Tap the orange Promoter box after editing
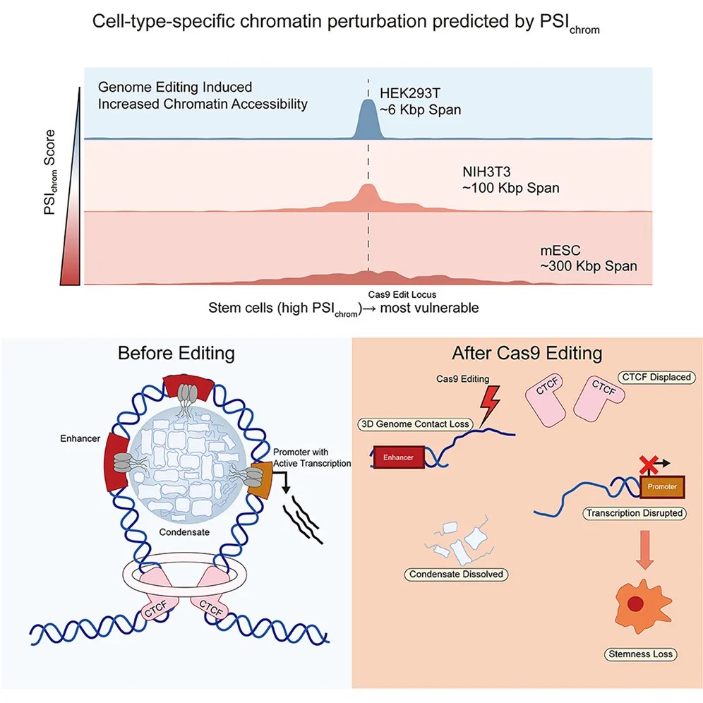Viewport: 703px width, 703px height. click(662, 487)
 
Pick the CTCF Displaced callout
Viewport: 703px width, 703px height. click(654, 378)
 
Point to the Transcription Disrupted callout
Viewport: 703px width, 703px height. click(634, 513)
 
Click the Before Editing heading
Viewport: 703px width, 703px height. click(176, 352)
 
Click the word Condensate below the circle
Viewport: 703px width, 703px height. click(183, 532)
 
